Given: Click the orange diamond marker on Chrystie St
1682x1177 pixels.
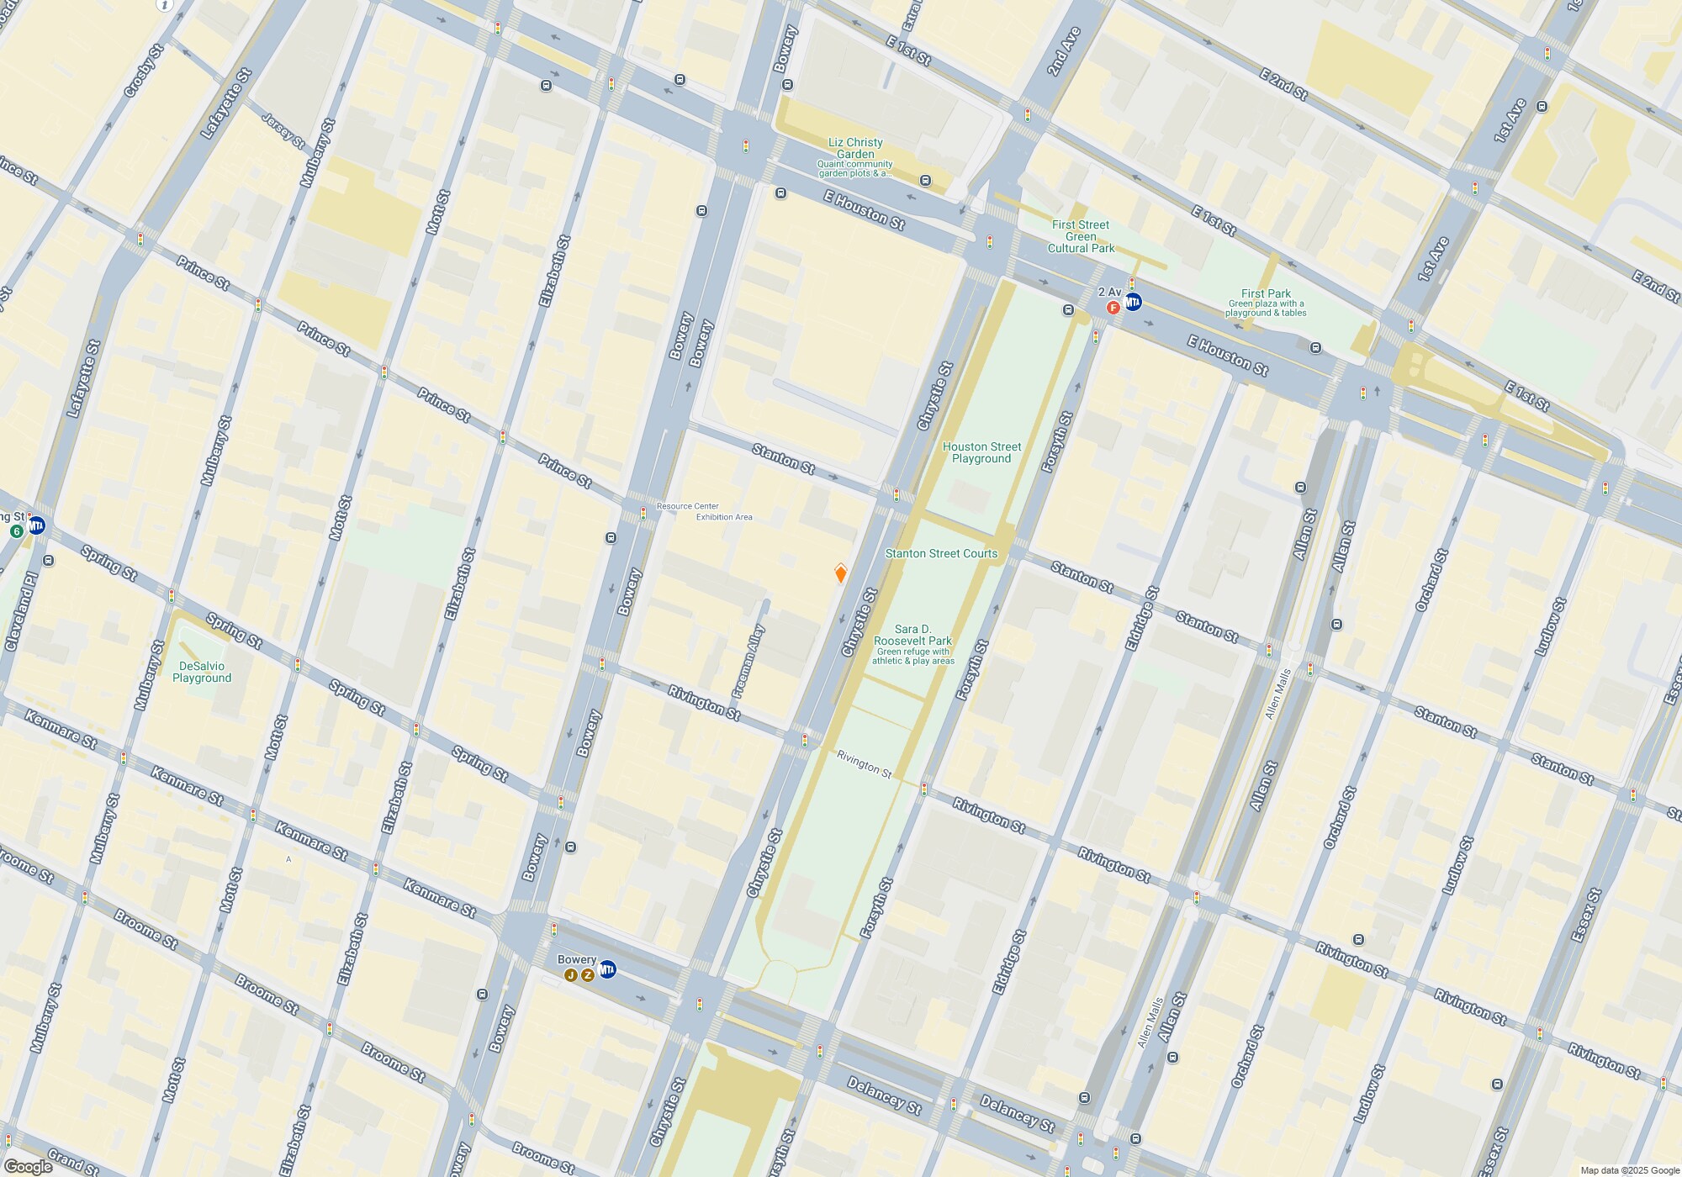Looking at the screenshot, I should pyautogui.click(x=840, y=573).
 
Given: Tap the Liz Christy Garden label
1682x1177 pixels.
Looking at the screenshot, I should pyautogui.click(x=855, y=149).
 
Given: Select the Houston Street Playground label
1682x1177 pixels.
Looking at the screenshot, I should pyautogui.click(x=981, y=452).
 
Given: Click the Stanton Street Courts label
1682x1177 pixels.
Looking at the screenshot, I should pyautogui.click(x=941, y=553).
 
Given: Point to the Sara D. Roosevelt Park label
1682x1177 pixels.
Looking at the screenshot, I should pyautogui.click(x=912, y=635).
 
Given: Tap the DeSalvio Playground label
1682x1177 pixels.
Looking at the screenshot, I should pyautogui.click(x=201, y=672).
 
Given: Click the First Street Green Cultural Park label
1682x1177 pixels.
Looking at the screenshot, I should pyautogui.click(x=1081, y=236).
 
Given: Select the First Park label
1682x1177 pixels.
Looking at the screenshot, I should pyautogui.click(x=1266, y=293).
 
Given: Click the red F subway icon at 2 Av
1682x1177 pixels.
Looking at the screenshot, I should pyautogui.click(x=1113, y=308).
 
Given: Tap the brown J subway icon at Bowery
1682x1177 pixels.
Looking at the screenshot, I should pyautogui.click(x=571, y=975).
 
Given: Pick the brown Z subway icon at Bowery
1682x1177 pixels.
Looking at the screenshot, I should pyautogui.click(x=587, y=975).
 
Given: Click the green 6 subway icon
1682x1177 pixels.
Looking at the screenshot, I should pyautogui.click(x=16, y=531).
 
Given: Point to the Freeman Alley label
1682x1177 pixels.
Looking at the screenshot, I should pyautogui.click(x=748, y=662).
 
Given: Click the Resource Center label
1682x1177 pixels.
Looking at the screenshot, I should pyautogui.click(x=687, y=506).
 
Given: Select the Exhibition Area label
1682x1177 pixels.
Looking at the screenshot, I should pyautogui.click(x=724, y=517).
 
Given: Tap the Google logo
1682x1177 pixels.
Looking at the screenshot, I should pyautogui.click(x=28, y=1167).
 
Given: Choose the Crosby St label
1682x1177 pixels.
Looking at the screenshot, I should pyautogui.click(x=143, y=71).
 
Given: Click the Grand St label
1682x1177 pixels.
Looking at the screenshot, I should pyautogui.click(x=72, y=1161).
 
